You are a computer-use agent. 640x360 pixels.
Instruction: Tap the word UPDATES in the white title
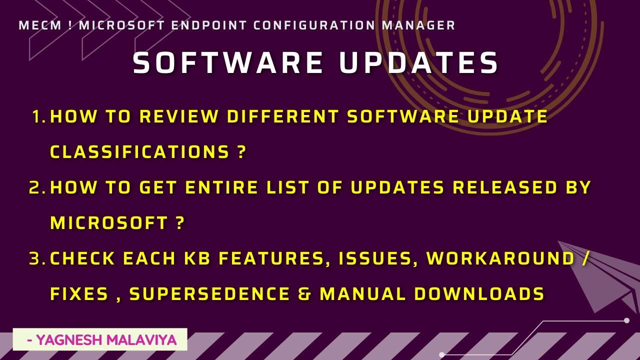coord(419,63)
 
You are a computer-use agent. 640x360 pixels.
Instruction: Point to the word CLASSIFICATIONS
coord(139,152)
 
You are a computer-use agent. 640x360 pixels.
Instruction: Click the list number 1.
coord(37,116)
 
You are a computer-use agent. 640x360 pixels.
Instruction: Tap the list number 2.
coord(36,187)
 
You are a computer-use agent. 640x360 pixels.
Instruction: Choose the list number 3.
coord(36,258)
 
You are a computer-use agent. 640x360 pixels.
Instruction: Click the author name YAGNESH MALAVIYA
coord(102,340)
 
